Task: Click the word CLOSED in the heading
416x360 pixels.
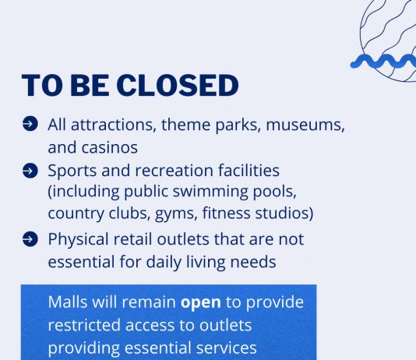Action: click(178, 86)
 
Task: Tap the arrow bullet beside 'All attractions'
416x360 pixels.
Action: click(30, 124)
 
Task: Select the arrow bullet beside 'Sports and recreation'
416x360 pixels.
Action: click(30, 171)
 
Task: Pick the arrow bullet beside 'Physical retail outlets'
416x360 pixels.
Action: click(30, 239)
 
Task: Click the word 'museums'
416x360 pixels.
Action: click(305, 125)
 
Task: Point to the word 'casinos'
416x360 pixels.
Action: click(110, 147)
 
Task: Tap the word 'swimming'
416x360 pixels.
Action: click(210, 192)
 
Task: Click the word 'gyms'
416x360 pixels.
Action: click(176, 214)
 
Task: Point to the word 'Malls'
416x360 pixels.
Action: click(68, 302)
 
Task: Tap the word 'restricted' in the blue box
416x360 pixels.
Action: click(84, 325)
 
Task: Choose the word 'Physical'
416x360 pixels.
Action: click(78, 240)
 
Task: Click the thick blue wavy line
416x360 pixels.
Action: click(383, 62)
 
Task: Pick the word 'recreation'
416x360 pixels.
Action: click(174, 171)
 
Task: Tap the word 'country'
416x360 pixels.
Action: click(76, 214)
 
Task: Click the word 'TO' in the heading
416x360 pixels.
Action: click(41, 86)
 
